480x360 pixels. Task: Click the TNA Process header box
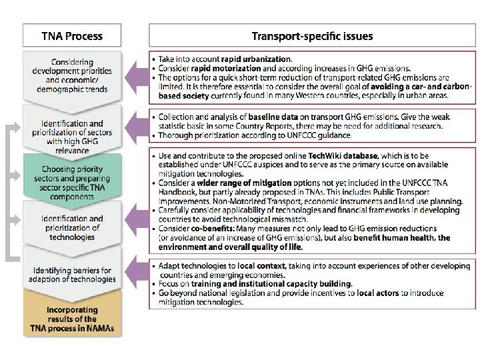pyautogui.click(x=72, y=36)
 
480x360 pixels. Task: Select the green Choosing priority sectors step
pyautogui.click(x=72, y=179)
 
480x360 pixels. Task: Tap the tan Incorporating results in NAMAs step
pyautogui.click(x=72, y=320)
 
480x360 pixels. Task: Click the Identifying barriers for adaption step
pyautogui.click(x=72, y=274)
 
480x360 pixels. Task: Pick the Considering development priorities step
pyautogui.click(x=72, y=76)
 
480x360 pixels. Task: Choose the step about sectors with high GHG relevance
pyautogui.click(x=72, y=132)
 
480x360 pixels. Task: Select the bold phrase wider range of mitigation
pyautogui.click(x=245, y=183)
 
